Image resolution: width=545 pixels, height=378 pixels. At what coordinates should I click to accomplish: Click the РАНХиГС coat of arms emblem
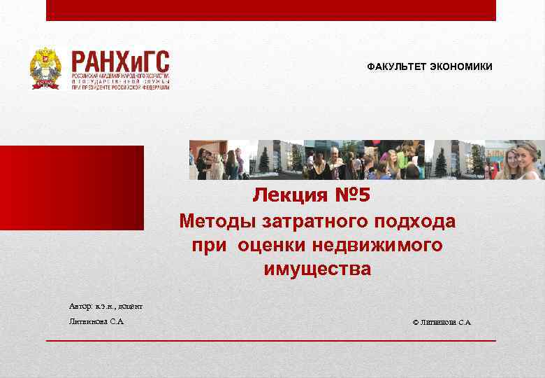pyautogui.click(x=45, y=69)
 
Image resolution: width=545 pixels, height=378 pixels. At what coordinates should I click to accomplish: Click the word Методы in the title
pyautogui.click(x=217, y=222)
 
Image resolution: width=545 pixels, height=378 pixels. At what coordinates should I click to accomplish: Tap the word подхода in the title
pyautogui.click(x=416, y=222)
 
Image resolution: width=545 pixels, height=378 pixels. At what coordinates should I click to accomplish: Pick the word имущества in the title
pyautogui.click(x=318, y=269)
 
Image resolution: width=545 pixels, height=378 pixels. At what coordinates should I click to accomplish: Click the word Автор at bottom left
pyautogui.click(x=80, y=307)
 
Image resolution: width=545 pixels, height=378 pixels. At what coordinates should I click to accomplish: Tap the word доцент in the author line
pyautogui.click(x=131, y=307)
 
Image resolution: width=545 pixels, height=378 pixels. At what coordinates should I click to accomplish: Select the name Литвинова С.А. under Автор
pyautogui.click(x=97, y=322)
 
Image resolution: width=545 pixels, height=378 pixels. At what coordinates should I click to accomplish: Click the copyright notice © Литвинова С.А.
pyautogui.click(x=442, y=322)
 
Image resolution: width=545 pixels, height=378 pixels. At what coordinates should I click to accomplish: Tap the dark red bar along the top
pyautogui.click(x=271, y=10)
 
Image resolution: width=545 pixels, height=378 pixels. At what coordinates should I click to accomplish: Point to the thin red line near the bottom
pyautogui.click(x=271, y=340)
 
